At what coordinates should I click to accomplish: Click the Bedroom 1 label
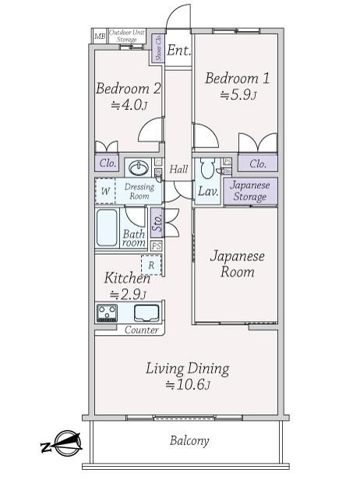[237, 78]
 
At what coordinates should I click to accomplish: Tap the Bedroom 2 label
[129, 89]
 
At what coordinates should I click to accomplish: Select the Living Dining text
[187, 369]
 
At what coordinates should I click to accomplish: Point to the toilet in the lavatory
[208, 168]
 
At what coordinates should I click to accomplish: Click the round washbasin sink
[139, 168]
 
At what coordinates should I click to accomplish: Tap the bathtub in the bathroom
[107, 228]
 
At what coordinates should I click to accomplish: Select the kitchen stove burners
[107, 313]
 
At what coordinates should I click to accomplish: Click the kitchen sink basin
[146, 313]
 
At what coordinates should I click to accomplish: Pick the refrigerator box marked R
[151, 265]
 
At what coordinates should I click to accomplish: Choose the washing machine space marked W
[105, 192]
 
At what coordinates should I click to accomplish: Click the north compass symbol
[63, 443]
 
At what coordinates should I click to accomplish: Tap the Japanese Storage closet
[250, 191]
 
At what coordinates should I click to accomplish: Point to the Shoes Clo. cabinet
[159, 48]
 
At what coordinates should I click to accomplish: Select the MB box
[100, 37]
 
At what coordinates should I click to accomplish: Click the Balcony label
[189, 441]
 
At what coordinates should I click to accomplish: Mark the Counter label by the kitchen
[142, 330]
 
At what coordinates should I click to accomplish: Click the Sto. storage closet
[157, 223]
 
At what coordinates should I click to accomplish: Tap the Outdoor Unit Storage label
[127, 36]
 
